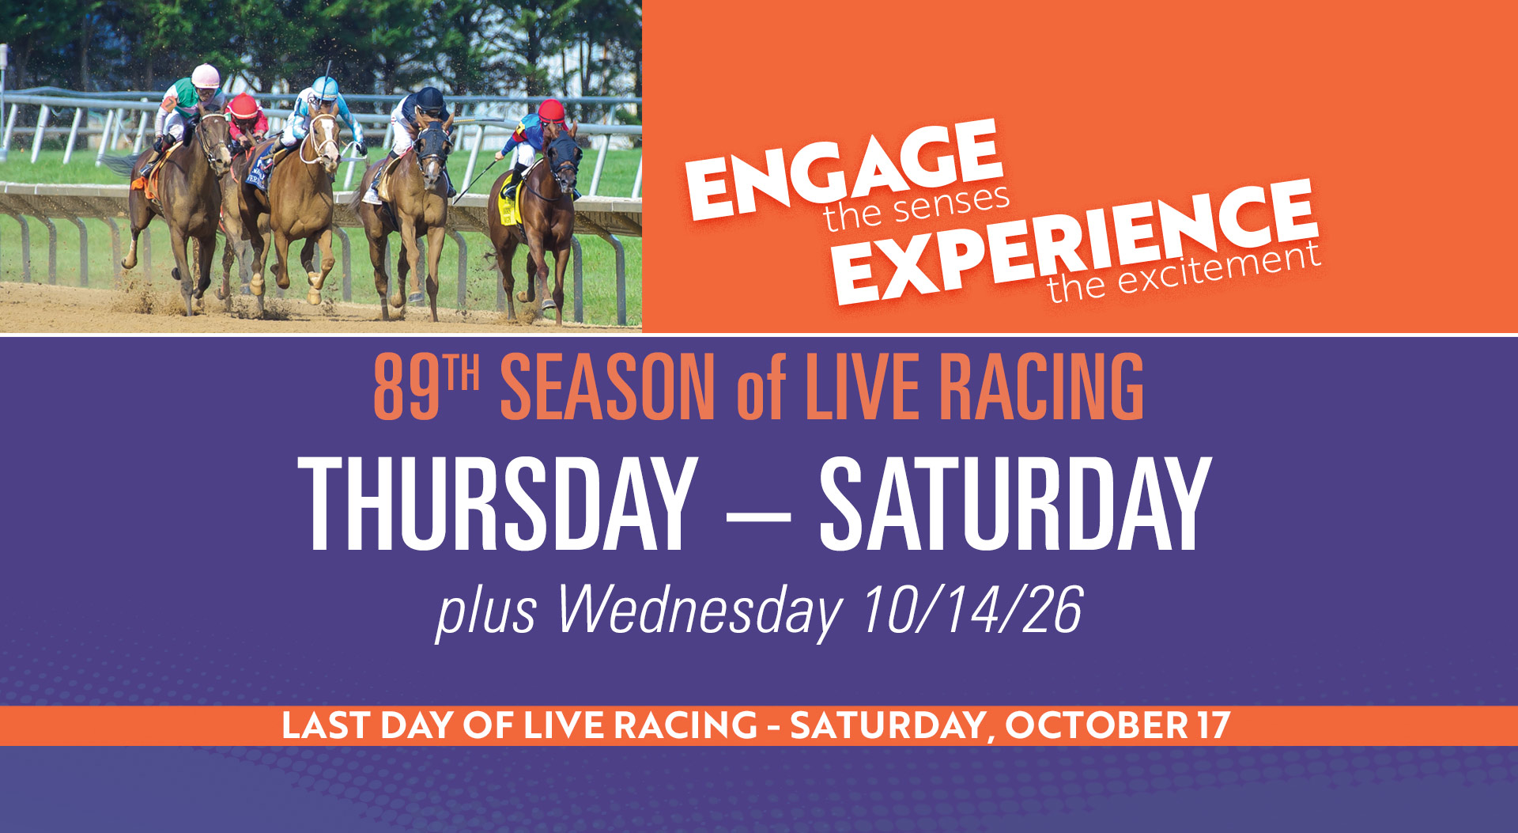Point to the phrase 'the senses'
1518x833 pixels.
pyautogui.click(x=916, y=208)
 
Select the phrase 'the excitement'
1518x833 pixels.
pyautogui.click(x=1184, y=272)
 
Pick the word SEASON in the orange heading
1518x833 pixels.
pyautogui.click(x=608, y=387)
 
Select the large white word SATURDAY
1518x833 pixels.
pyautogui.click(x=1015, y=504)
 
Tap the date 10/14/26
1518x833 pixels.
pyautogui.click(x=972, y=610)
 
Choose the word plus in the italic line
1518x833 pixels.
pyautogui.click(x=487, y=613)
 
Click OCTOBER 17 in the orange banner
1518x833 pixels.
pyautogui.click(x=1118, y=725)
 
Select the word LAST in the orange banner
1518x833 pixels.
pyautogui.click(x=322, y=725)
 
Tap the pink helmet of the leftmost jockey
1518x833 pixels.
pyautogui.click(x=206, y=76)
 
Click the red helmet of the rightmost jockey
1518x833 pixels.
pyautogui.click(x=552, y=111)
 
